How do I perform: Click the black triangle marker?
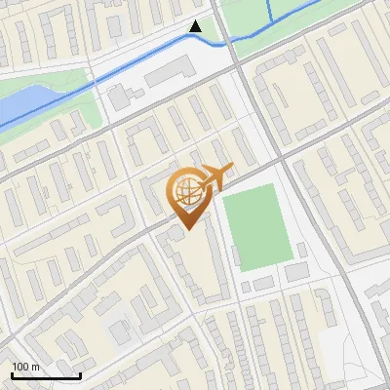[x=196, y=26]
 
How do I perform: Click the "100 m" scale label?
[x=25, y=366]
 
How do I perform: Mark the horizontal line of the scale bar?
[x=46, y=375]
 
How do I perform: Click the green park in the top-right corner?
[x=322, y=15]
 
